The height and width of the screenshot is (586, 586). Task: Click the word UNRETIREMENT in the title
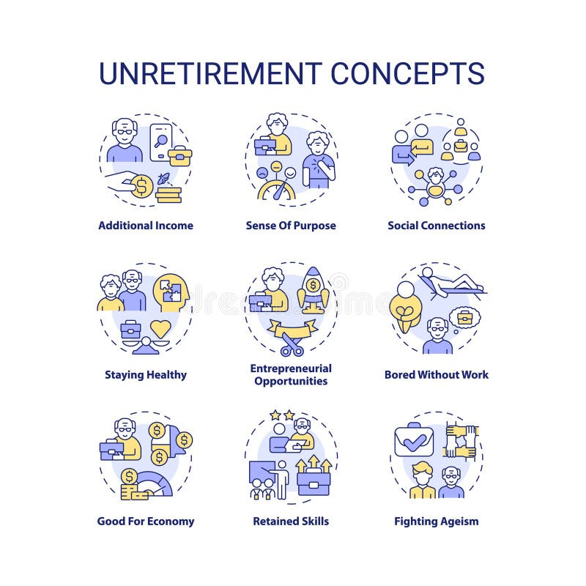(209, 74)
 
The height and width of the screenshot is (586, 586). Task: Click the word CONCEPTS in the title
(407, 74)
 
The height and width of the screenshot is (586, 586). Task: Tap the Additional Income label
(146, 226)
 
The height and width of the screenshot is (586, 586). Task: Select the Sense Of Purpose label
(291, 226)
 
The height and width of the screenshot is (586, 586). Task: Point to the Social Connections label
(437, 226)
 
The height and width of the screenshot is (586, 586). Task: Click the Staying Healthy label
(146, 375)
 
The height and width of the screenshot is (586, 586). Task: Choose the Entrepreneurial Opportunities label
(291, 374)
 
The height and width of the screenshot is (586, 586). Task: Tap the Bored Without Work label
(437, 375)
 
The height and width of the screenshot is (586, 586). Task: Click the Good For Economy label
(146, 522)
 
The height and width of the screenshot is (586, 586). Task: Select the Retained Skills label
(291, 522)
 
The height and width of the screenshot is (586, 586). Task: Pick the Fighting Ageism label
(437, 522)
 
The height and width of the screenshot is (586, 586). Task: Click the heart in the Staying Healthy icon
(160, 328)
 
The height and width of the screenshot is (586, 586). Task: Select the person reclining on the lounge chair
(450, 282)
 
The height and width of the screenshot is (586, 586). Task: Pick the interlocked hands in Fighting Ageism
(461, 442)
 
